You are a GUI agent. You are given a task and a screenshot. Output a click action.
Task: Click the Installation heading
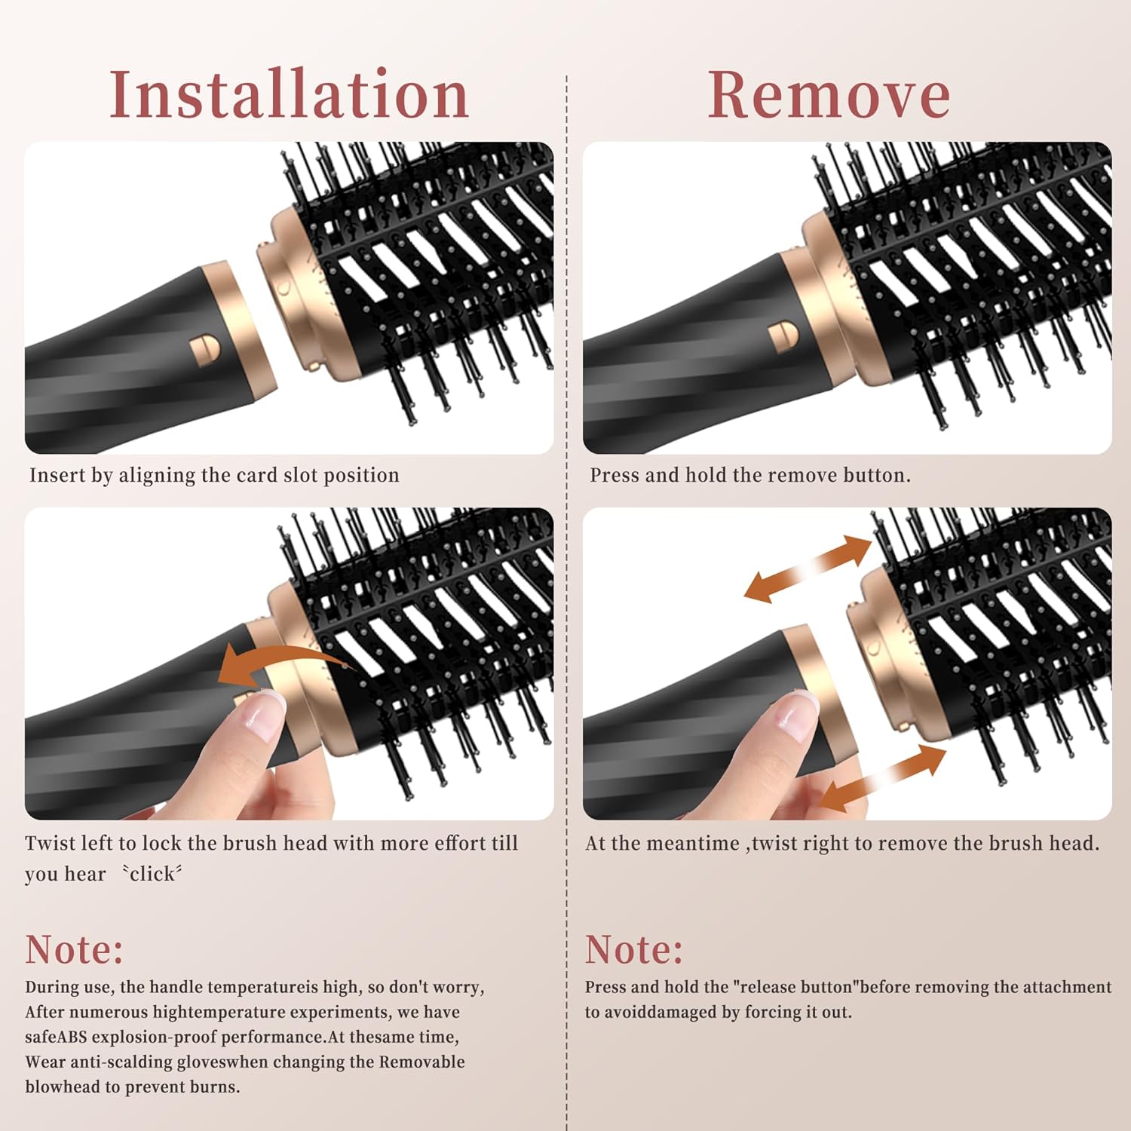pos(290,95)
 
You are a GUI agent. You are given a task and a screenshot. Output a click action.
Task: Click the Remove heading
pos(829,95)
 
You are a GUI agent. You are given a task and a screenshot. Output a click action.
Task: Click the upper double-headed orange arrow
pos(808,569)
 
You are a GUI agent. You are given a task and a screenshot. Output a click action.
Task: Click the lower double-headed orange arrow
pos(882,778)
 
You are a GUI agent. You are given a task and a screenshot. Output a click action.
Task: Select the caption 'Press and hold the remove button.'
pos(749,475)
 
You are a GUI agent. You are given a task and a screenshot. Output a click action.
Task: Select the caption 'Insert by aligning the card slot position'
pos(214,475)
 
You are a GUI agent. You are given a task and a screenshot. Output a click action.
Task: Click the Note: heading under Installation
pos(74,949)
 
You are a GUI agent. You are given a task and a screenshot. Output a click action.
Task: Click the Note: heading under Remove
pos(633,949)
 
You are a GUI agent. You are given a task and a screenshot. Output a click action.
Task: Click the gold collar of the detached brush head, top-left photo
pos(290,290)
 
